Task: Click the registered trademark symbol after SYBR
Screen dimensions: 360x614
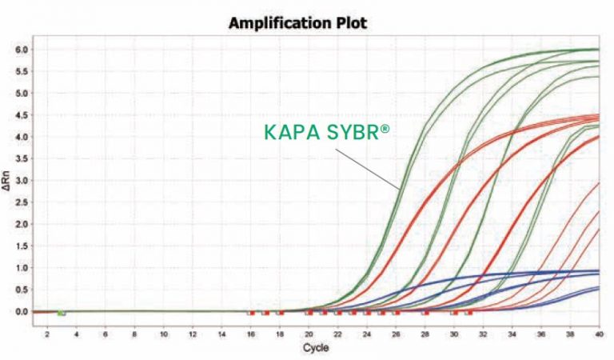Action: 387,129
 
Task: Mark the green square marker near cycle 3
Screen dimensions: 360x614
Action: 62,312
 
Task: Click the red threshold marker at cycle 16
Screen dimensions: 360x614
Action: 250,313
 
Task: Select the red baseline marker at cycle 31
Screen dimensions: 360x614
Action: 469,313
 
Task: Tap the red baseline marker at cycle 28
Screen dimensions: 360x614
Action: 425,313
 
